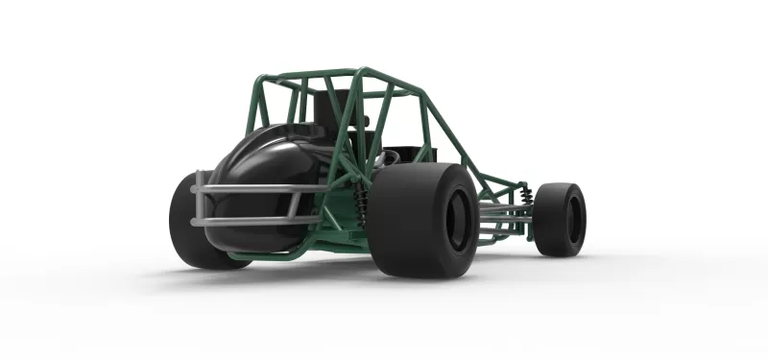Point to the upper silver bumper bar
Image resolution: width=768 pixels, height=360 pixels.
(x=254, y=188)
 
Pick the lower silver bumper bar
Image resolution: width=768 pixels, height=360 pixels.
(x=254, y=221)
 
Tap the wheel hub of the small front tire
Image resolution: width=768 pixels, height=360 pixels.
(x=573, y=219)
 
